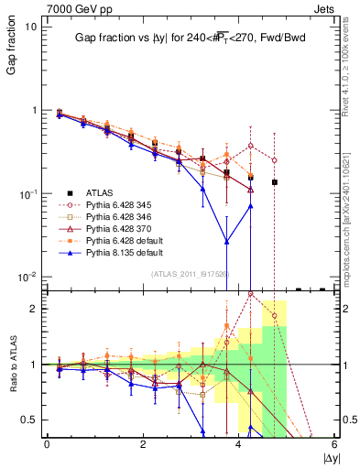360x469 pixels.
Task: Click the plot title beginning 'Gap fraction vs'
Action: pyautogui.click(x=191, y=38)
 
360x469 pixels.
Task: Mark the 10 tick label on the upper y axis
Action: pyautogui.click(x=31, y=27)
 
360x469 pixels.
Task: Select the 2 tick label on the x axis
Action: pyautogui.click(x=143, y=443)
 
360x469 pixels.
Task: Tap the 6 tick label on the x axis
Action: pyautogui.click(x=334, y=443)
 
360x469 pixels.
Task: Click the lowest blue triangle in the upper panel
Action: pyautogui.click(x=227, y=242)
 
